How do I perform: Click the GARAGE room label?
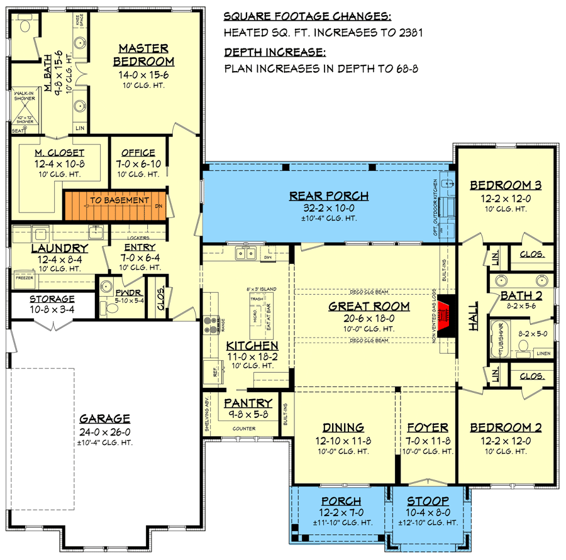point(104,419)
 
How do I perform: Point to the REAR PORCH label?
point(329,195)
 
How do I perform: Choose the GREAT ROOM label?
point(369,307)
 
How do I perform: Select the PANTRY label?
point(248,404)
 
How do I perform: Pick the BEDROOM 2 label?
point(506,427)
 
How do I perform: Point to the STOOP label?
point(427,502)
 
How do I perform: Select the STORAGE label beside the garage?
point(43,299)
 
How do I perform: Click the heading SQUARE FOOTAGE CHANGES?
point(308,15)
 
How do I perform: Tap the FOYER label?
point(427,427)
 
